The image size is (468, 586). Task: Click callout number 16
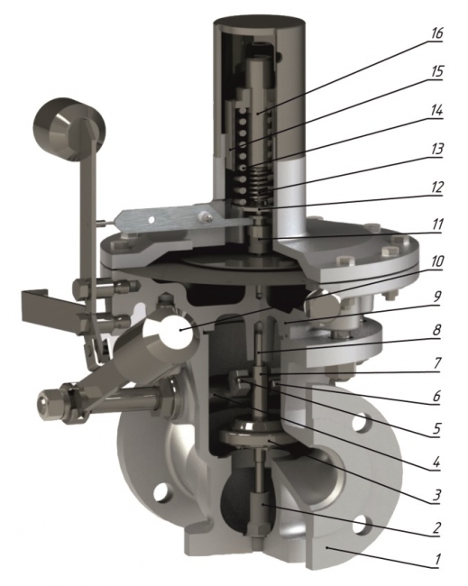pos(436,33)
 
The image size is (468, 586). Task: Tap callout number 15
pos(436,72)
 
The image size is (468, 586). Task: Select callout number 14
pos(436,111)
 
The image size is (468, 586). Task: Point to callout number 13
pos(436,149)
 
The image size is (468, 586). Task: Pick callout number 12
pos(436,188)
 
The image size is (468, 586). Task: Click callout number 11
pos(436,225)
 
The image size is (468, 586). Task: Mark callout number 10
pos(436,262)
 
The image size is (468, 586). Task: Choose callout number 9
pos(436,297)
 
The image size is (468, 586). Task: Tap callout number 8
pos(436,330)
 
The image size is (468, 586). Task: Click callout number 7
pos(436,363)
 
